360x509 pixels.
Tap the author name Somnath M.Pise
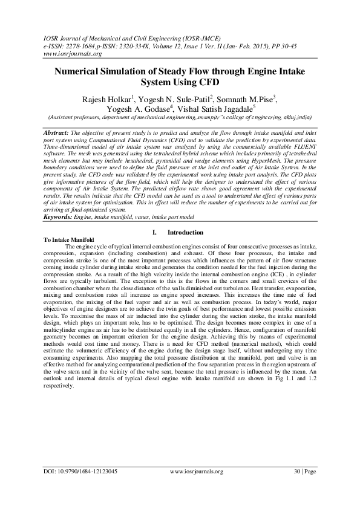244,99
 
